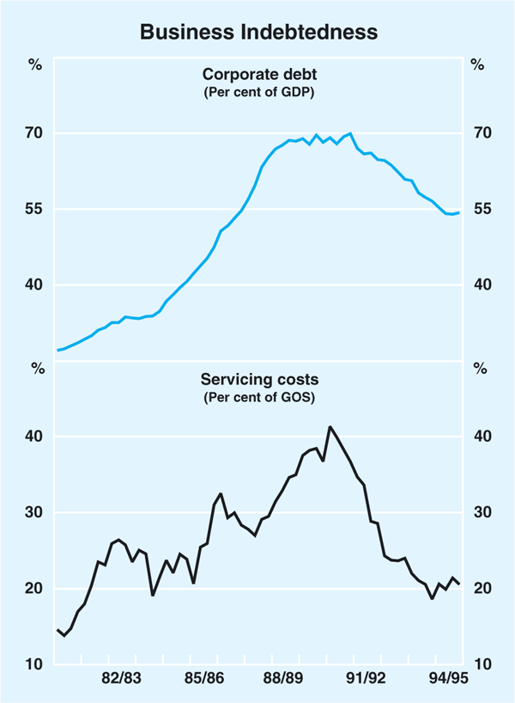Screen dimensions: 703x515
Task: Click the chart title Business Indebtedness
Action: (x=257, y=33)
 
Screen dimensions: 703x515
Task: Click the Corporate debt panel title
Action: (x=257, y=75)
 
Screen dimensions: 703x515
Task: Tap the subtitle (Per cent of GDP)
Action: (x=257, y=92)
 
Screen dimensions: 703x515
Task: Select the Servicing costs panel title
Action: (x=257, y=379)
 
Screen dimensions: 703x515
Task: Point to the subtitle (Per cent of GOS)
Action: (x=257, y=398)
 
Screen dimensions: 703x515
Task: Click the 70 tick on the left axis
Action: (x=33, y=133)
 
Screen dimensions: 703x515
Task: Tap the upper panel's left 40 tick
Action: (x=33, y=285)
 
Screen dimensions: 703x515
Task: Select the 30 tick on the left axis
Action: (x=33, y=512)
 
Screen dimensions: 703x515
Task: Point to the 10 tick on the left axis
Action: (x=33, y=664)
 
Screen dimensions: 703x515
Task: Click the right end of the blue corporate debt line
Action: (x=459, y=212)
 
